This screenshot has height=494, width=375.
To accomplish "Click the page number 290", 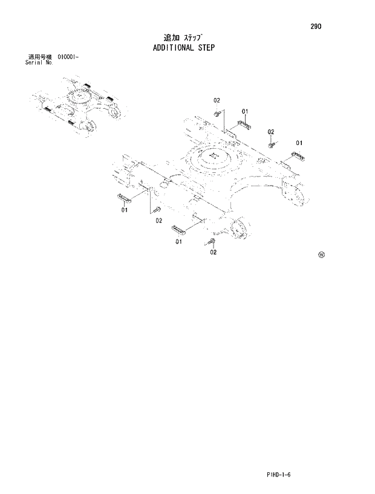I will [316, 27].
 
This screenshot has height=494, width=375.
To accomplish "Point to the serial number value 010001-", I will [69, 57].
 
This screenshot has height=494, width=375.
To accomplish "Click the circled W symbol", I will [321, 255].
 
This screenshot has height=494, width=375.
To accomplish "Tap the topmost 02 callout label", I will [217, 100].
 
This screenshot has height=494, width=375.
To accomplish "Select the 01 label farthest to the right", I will [299, 143].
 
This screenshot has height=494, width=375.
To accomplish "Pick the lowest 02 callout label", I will [213, 253].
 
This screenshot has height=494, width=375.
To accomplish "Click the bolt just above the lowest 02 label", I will [211, 242].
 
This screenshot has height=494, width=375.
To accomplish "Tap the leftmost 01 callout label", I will [124, 210].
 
